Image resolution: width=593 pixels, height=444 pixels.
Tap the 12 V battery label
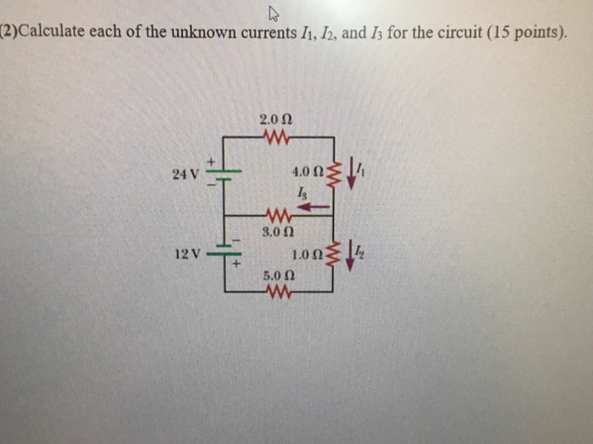pos(184,254)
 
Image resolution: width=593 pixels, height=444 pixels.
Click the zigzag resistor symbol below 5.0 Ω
pos(278,292)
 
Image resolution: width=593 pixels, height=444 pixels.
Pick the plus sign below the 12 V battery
pos(237,266)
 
